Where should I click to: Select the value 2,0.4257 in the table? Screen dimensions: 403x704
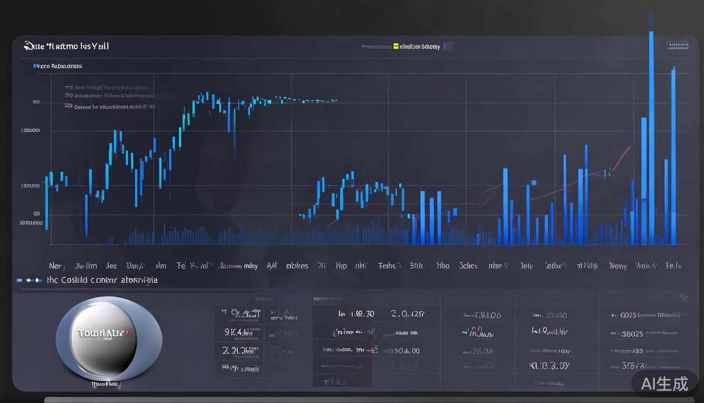coord(408,314)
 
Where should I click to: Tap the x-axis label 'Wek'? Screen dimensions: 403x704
coord(646,266)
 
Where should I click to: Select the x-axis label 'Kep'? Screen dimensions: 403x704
coord(341,266)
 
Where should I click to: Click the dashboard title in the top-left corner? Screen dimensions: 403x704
coord(67,46)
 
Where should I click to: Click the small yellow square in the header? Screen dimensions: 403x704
coord(396,46)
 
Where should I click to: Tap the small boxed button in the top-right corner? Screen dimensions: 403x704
coord(677,46)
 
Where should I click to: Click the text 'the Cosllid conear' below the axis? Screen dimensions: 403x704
coord(102,280)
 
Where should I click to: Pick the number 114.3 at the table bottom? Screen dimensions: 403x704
coord(336,381)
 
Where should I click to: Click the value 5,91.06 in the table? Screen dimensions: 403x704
coord(482,315)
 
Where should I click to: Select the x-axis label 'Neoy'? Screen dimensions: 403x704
coord(618,266)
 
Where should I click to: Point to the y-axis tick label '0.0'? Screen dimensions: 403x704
coord(36,214)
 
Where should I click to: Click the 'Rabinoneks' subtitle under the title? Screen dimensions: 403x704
coord(59,66)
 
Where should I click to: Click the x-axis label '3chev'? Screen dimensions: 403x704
coord(468,266)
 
